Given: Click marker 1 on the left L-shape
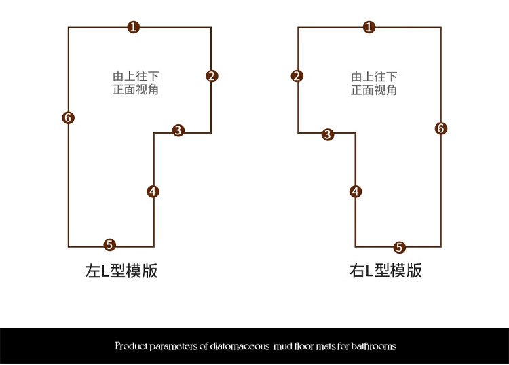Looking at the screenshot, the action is pos(134,27).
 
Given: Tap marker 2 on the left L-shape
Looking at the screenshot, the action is pos(212,75).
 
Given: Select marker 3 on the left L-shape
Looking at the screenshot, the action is pos(178,130).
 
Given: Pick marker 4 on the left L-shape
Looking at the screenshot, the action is pos(153,191).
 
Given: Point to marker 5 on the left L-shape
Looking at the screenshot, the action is pos(110,245).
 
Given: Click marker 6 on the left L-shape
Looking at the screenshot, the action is pos(68,117).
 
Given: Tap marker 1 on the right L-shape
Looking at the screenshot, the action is pos(369,27).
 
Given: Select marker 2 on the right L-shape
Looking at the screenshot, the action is pos(297,75).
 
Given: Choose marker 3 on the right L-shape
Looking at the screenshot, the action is pos(328,134).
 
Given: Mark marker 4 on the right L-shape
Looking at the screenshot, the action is pos(356,191).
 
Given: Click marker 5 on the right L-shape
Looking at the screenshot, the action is pos(400,247).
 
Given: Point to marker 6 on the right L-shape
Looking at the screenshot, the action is pos(441,128).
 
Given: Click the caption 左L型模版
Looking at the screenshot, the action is pos(121,271).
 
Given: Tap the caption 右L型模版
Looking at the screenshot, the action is pos(385,271).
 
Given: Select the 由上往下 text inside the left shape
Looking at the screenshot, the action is pos(136,76).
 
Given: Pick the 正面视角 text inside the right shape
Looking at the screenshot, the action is pos(374,90).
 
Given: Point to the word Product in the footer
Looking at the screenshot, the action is pos(132,346).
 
